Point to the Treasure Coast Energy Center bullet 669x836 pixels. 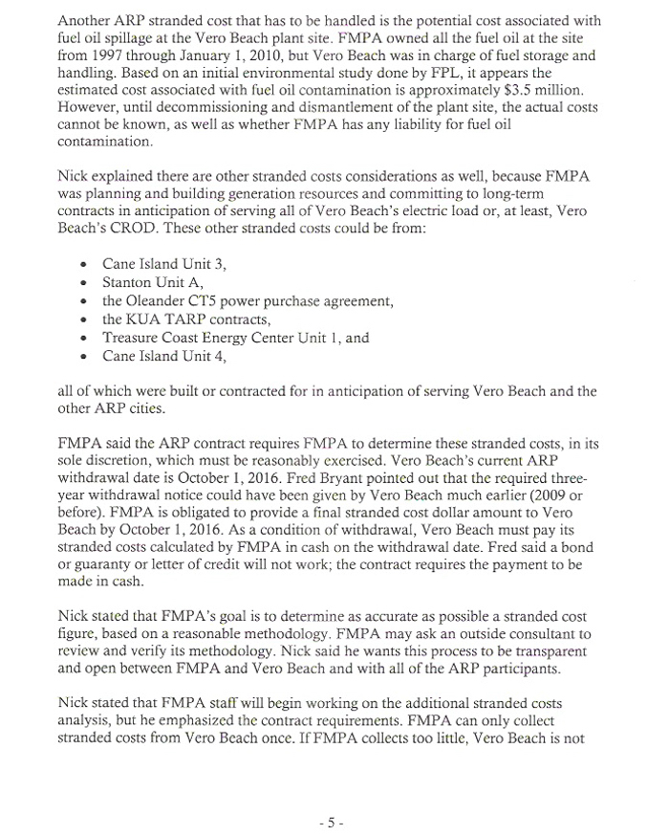(207, 338)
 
